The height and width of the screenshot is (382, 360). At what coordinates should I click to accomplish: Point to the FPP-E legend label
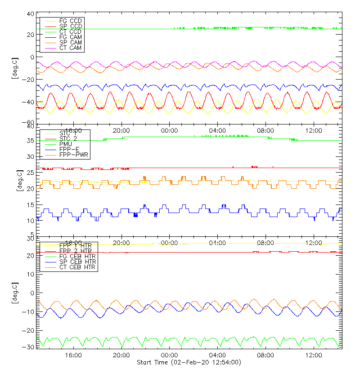point(70,149)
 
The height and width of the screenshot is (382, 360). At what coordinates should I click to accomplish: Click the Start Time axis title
point(189,362)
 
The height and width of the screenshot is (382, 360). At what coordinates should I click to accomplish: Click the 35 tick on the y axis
point(30,141)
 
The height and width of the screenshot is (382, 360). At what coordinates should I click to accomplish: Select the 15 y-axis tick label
point(30,205)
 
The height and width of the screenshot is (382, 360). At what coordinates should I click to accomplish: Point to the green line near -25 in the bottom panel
point(180,338)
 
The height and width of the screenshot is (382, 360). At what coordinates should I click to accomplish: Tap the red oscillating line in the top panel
point(169,94)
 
